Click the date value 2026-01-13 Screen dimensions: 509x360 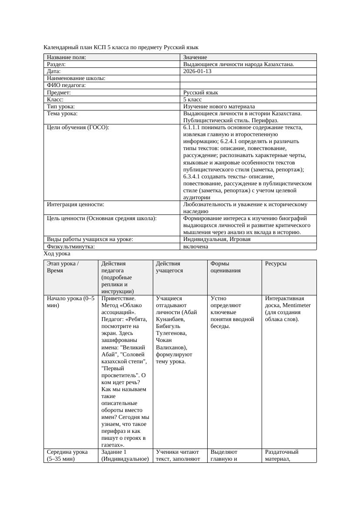197,71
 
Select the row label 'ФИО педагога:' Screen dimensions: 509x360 66,86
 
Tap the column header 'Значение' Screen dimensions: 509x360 195,57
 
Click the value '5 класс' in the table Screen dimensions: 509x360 192,100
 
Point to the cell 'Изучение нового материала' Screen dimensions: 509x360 219,107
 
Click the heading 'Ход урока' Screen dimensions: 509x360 57,254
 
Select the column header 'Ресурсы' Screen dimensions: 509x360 276,264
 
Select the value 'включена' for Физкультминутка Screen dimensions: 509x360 195,247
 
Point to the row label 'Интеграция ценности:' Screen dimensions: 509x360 75,204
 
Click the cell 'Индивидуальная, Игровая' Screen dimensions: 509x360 216,239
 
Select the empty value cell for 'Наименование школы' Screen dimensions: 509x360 248,79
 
